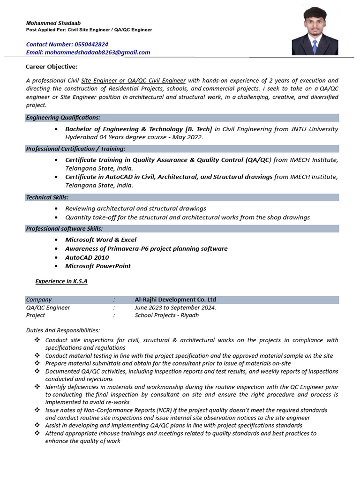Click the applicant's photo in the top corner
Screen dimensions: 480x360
315,31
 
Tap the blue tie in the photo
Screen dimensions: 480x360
315,45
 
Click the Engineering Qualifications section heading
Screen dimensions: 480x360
63,118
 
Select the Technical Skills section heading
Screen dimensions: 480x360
47,197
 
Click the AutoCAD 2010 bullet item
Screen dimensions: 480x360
87,257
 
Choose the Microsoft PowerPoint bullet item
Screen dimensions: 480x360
98,266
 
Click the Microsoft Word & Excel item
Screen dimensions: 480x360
101,240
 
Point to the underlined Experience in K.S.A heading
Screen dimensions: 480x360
61,281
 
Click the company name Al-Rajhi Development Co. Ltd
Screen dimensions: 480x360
175,300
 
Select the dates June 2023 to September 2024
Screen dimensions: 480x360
175,307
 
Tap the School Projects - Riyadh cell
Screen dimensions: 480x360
166,315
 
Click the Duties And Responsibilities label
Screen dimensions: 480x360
63,330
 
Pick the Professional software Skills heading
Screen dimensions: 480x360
64,228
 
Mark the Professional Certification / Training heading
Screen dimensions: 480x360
75,149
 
